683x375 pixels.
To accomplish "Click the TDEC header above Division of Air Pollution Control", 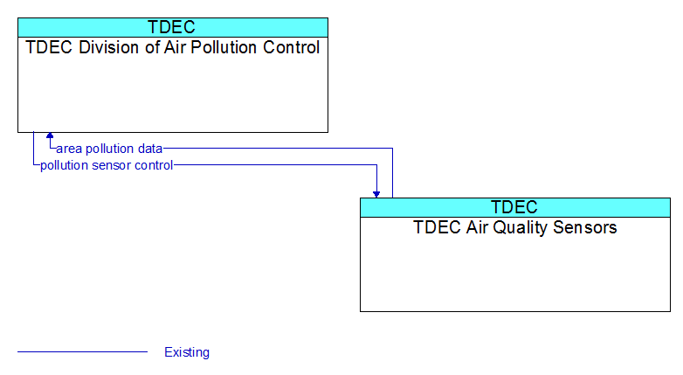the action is pos(171,27).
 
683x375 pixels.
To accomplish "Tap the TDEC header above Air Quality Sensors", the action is pos(514,207).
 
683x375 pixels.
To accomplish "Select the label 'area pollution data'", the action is pos(109,149).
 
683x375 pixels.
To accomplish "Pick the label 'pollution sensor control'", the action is pos(107,165).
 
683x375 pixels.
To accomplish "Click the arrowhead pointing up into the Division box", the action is pos(50,135).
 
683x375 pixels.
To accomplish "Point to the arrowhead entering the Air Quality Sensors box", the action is pos(376,194).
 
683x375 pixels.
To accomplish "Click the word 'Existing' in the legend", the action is pos(187,352).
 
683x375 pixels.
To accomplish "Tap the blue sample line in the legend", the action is pos(82,351).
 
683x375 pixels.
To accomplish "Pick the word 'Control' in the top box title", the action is pos(292,47).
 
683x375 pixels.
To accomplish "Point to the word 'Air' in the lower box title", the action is pos(477,227).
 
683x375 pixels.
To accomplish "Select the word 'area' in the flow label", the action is pos(69,149).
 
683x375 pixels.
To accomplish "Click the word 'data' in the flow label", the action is pos(150,149).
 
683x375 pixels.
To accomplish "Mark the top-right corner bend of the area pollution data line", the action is pos(392,149).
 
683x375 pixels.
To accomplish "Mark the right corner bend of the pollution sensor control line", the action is pos(376,165).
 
